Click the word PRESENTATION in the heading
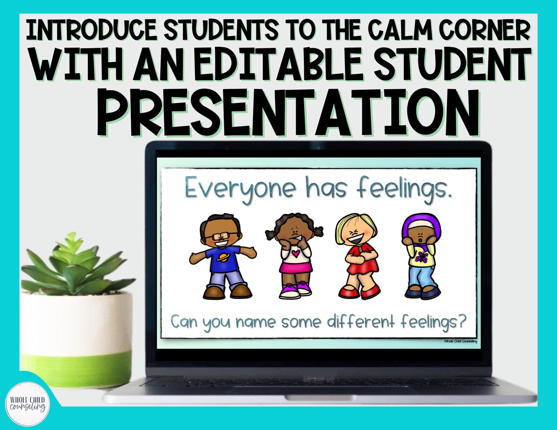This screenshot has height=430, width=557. (x=288, y=113)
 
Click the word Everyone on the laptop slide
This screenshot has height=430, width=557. (x=240, y=190)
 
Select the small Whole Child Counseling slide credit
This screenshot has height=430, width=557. (x=460, y=341)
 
